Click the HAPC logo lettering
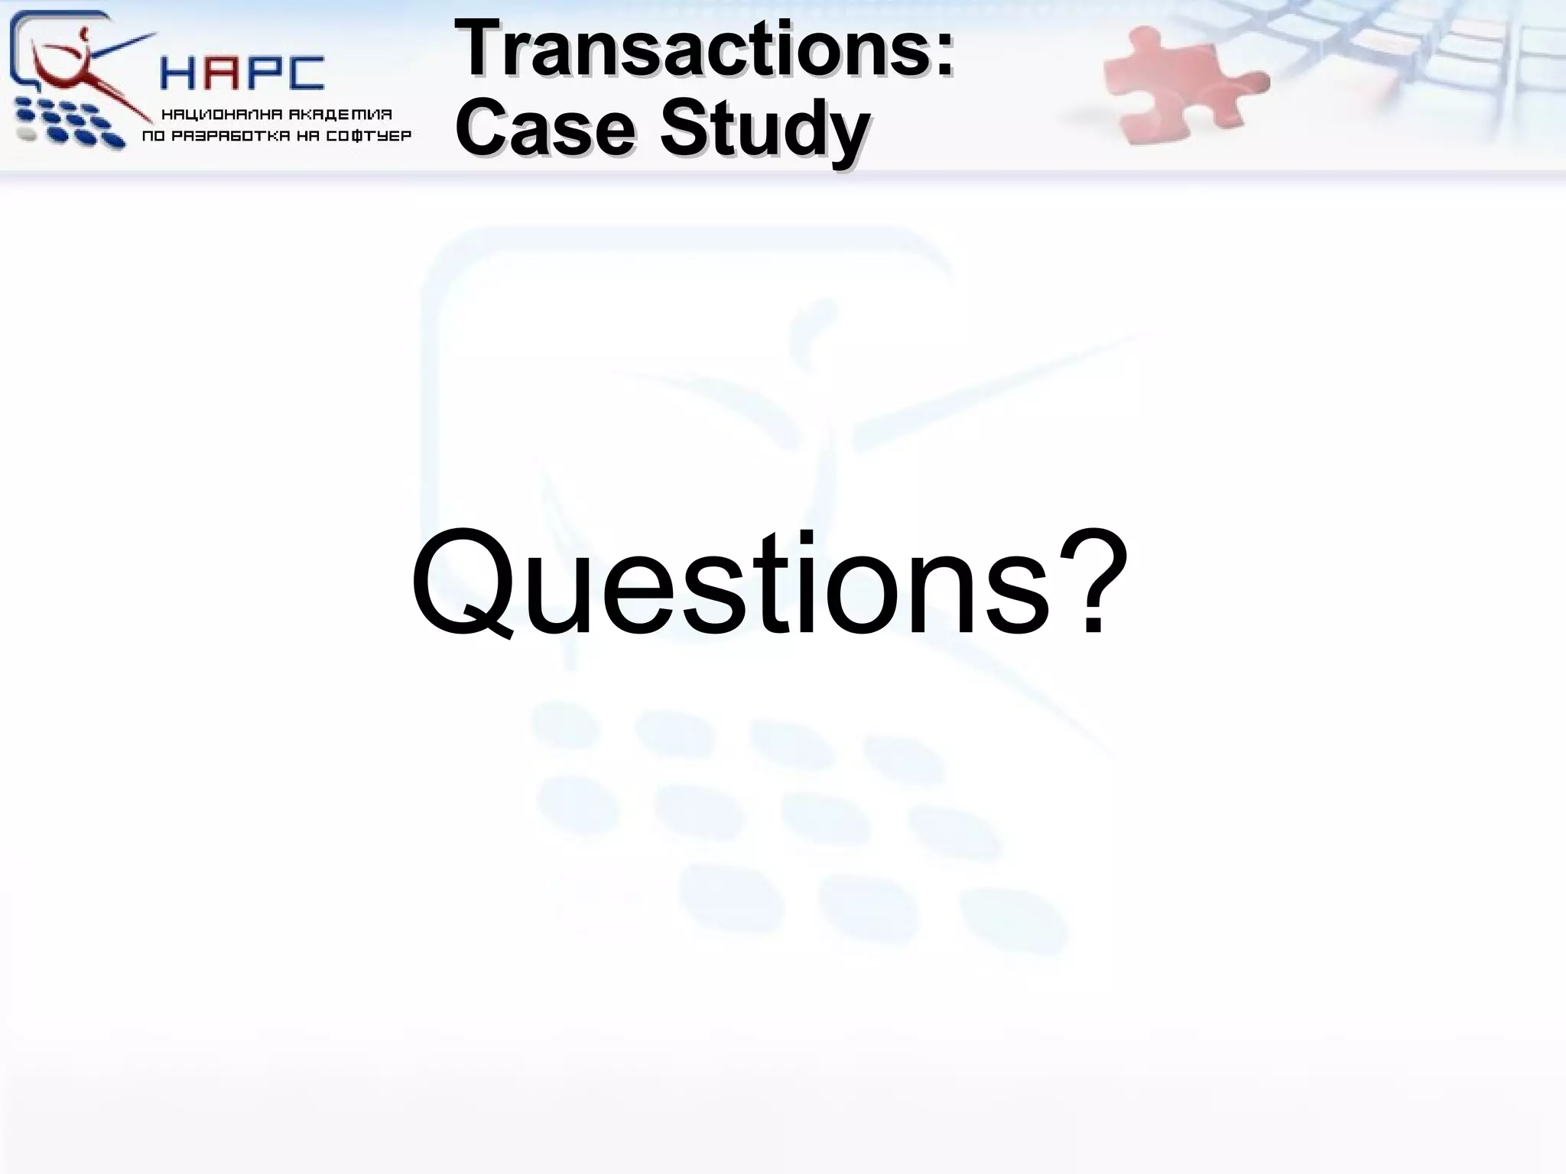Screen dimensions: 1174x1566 [242, 73]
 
